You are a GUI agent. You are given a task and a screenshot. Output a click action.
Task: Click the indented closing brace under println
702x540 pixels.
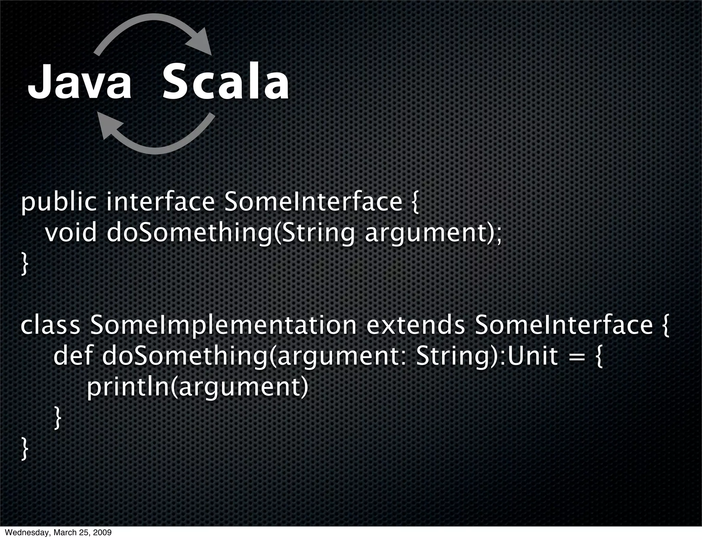[58, 418]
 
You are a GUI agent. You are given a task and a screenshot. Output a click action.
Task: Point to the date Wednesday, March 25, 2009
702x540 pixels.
[56, 533]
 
